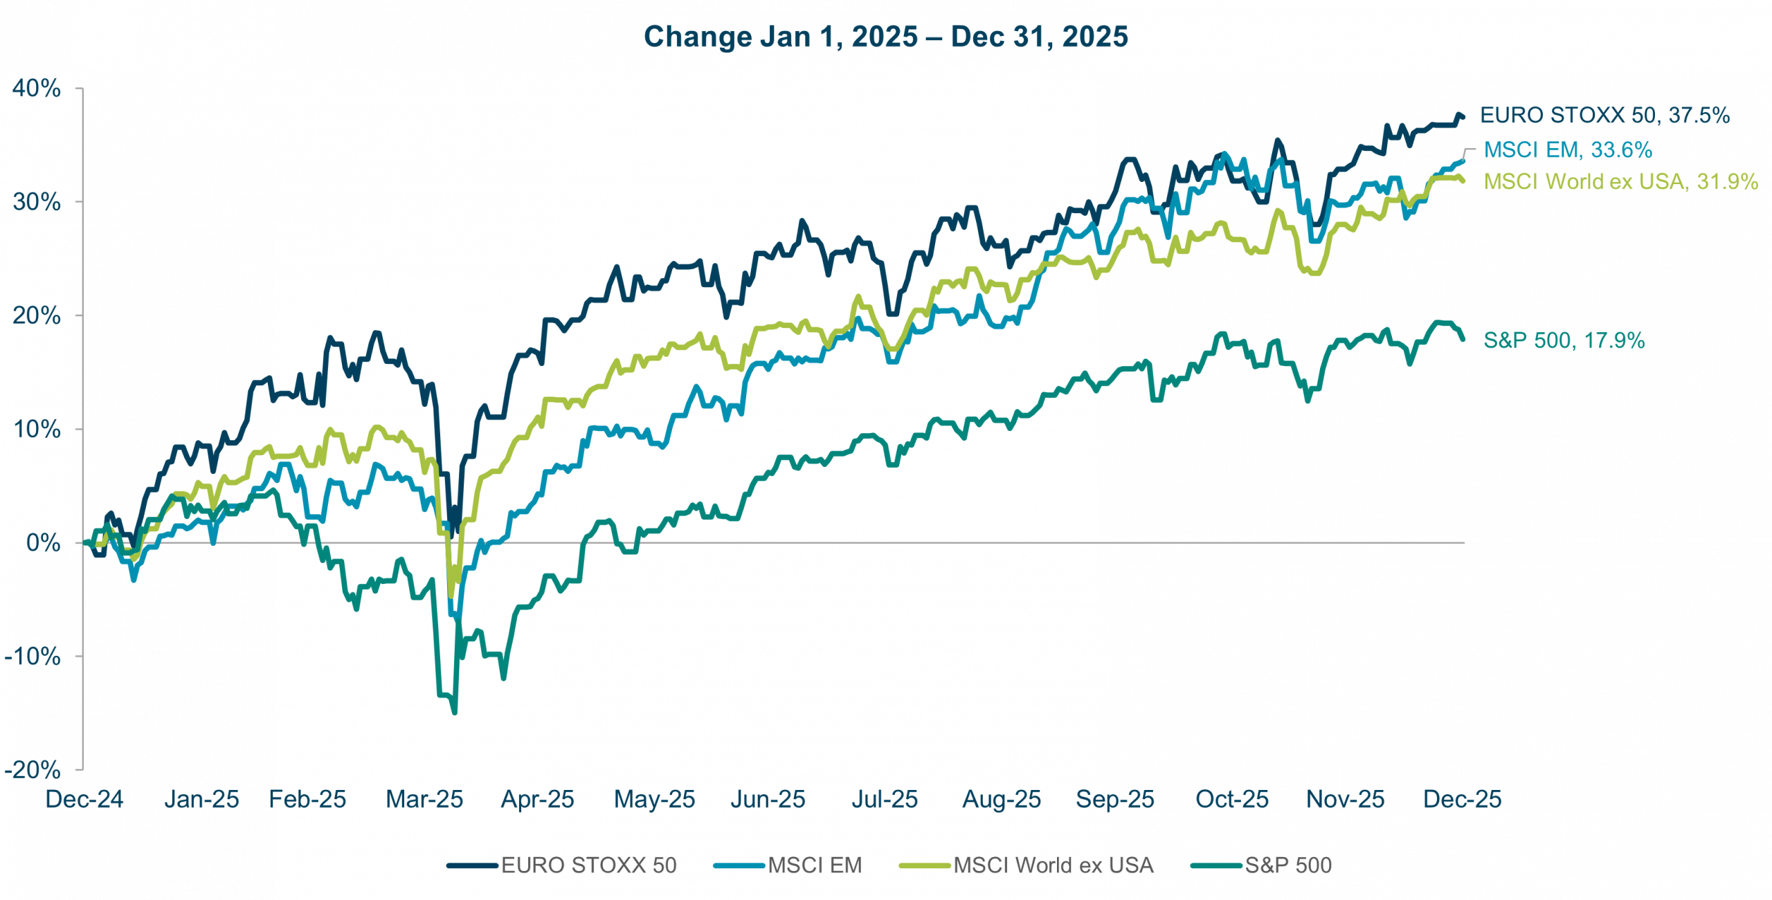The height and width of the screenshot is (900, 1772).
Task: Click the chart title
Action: pos(885,37)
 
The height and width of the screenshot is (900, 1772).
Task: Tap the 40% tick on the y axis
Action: pos(36,89)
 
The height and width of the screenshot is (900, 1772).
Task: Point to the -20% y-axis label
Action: pos(33,770)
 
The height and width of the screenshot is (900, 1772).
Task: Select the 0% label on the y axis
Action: pos(43,543)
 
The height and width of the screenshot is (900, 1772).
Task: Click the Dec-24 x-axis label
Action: pos(84,800)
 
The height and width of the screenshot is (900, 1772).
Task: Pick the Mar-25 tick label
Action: pos(424,800)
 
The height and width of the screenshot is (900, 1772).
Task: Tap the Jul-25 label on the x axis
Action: pos(885,800)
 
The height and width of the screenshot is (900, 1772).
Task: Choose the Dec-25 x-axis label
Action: pos(1463,800)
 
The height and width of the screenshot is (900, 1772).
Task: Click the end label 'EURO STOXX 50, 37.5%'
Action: pos(1604,116)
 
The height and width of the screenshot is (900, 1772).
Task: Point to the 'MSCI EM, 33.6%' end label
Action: pos(1568,150)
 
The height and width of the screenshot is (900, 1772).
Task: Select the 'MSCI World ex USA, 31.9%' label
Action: pos(1620,181)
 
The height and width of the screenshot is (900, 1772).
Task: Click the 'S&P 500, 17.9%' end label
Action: pos(1564,340)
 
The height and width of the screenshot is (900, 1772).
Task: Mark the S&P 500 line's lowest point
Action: pos(454,713)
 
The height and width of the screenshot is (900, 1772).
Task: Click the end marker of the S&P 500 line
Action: pos(1463,338)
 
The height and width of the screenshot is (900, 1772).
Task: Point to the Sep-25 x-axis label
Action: pos(1115,800)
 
